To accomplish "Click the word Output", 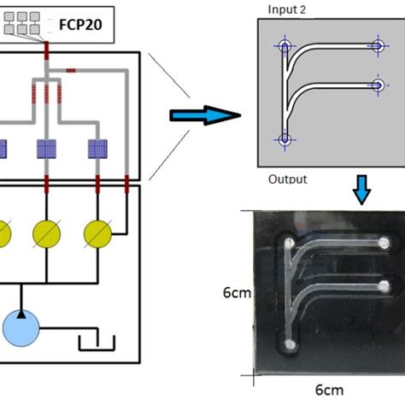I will coord(287,179).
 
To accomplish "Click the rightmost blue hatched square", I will coord(99,150).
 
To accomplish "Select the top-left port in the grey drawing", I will coord(285,47).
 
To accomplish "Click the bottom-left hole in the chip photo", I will coord(291,344).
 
